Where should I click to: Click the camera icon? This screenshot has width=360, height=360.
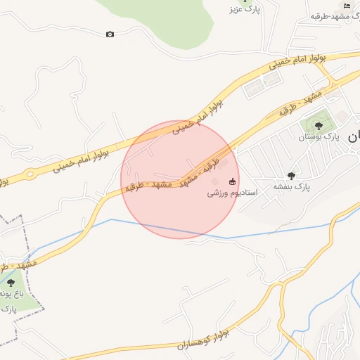tap(110, 34)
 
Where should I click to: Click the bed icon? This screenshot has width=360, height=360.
tap(346, 6)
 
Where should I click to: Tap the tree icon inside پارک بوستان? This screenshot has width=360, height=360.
tap(319, 126)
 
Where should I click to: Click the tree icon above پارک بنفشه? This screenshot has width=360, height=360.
tap(292, 175)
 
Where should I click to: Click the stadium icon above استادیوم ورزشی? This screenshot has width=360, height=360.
tap(233, 181)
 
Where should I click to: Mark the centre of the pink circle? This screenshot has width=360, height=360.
tap(180, 180)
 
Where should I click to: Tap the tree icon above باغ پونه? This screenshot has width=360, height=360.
tap(11, 282)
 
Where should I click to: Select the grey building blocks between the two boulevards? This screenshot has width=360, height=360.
tap(262, 85)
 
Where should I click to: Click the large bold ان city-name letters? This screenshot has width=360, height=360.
tap(353, 137)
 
